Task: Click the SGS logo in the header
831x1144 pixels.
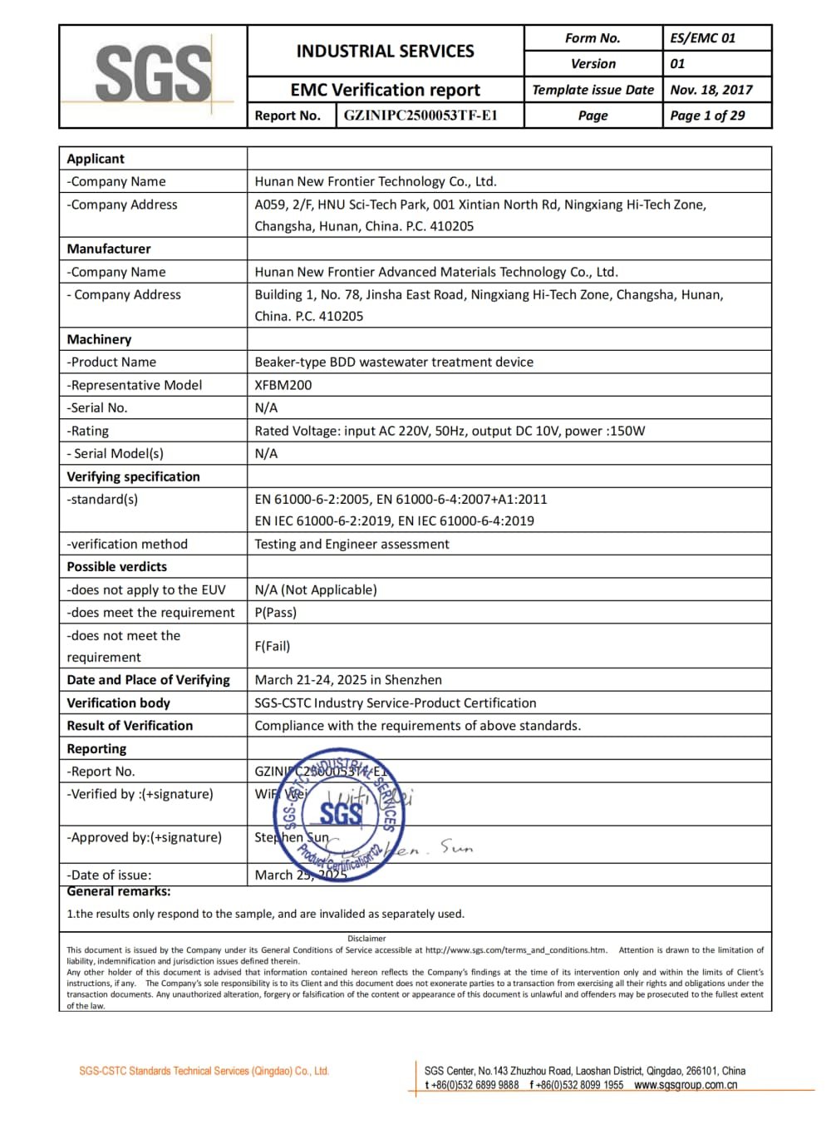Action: [x=153, y=75]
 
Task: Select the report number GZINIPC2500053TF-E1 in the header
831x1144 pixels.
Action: [x=420, y=116]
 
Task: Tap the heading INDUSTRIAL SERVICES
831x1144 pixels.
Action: [x=385, y=52]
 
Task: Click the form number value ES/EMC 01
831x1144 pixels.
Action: [x=703, y=38]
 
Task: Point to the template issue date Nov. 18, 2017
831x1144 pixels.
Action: [x=711, y=90]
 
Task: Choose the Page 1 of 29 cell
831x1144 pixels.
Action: [x=708, y=116]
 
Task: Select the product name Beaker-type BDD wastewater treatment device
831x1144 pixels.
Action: [x=394, y=362]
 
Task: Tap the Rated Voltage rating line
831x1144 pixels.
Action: [x=450, y=431]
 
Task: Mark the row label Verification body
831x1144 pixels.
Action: [x=119, y=703]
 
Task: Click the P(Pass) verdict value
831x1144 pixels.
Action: [x=276, y=612]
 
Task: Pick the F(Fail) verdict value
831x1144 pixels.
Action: [x=273, y=646]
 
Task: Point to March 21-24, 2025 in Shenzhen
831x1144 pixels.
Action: [x=348, y=679]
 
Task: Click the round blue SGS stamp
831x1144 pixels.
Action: [x=340, y=815]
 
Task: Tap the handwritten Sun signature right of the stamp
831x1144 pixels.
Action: [x=456, y=846]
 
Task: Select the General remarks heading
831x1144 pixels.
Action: [x=119, y=891]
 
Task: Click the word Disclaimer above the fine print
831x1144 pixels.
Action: [x=366, y=939]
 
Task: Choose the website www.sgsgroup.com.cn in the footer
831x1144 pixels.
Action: [x=686, y=1085]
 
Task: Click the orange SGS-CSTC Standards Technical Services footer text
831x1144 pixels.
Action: [x=204, y=1071]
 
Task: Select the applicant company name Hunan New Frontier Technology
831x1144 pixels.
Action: [x=376, y=181]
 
